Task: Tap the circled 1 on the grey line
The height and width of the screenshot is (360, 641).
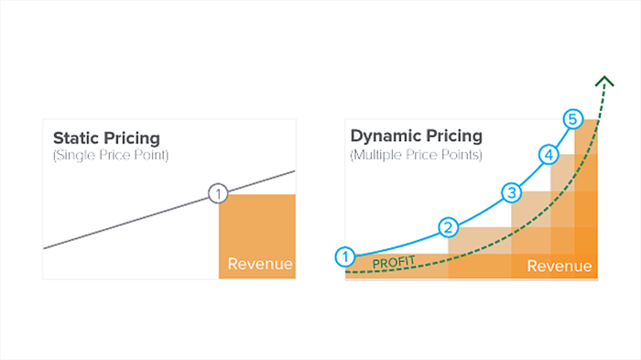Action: [x=217, y=193]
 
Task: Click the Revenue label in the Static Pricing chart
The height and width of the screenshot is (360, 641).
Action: [x=260, y=265]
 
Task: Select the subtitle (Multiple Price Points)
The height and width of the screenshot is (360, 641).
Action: [x=416, y=156]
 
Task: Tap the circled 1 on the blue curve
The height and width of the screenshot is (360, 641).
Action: [x=345, y=256]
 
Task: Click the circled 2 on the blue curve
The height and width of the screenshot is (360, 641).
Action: [x=448, y=227]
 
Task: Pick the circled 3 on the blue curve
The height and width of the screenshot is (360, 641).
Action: [x=510, y=192]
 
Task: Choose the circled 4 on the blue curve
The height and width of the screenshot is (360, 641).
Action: [x=548, y=154]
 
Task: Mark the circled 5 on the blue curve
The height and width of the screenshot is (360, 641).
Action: [x=572, y=119]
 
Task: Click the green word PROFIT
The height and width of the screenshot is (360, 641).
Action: [x=394, y=263]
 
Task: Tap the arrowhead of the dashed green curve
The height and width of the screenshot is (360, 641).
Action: [x=603, y=81]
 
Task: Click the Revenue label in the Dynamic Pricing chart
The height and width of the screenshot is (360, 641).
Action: [x=560, y=266]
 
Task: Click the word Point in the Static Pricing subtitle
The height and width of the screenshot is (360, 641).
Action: [x=148, y=156]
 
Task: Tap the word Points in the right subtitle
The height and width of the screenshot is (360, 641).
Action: [x=460, y=156]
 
